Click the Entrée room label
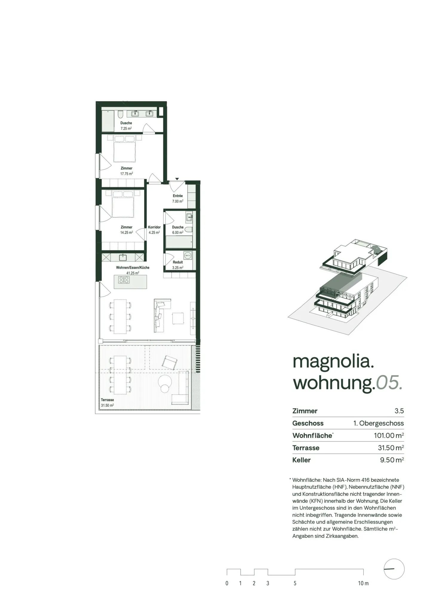(177, 196)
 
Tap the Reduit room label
(178, 262)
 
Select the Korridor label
(154, 227)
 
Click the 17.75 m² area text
(127, 174)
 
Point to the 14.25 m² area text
(127, 233)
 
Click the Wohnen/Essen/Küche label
(133, 268)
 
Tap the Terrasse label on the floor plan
(107, 400)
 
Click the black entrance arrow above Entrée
(177, 179)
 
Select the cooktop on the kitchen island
(124, 280)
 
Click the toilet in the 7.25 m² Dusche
(120, 114)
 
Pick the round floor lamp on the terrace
(165, 384)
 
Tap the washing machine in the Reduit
(188, 256)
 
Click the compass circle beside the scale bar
(394, 569)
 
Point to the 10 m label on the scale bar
(363, 583)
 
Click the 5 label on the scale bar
(295, 583)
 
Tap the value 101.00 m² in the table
(388, 435)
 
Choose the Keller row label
(301, 460)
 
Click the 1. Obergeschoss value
(378, 423)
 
